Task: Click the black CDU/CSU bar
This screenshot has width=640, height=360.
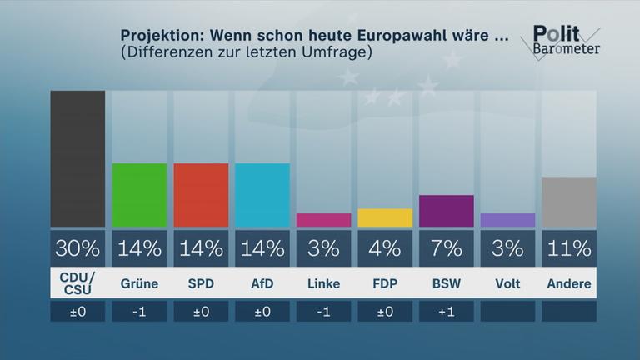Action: [x=77, y=158]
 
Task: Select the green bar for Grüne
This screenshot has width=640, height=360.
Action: [x=139, y=195]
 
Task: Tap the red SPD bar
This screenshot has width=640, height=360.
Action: [x=201, y=195]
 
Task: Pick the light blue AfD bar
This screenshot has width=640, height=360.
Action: [x=262, y=195]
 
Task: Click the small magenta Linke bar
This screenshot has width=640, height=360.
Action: [x=323, y=220]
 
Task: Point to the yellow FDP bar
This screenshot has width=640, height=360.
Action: [x=385, y=217]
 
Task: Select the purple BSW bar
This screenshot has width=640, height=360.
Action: [x=447, y=211]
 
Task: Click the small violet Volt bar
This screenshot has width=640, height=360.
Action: [x=508, y=220]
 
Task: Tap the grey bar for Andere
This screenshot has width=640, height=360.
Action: [x=569, y=202]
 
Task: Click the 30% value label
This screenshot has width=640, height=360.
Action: [x=77, y=248]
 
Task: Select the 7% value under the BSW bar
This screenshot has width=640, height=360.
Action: [x=447, y=248]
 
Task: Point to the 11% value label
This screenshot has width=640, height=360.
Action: [x=569, y=248]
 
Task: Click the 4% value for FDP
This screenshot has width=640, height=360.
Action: [x=385, y=248]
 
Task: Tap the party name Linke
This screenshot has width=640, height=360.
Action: [x=323, y=284]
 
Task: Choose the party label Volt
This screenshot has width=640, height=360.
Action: [x=508, y=284]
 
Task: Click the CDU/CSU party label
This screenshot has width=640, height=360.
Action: [x=77, y=283]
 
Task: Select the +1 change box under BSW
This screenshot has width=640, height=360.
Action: [x=447, y=312]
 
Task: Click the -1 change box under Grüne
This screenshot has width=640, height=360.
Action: [x=139, y=312]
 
